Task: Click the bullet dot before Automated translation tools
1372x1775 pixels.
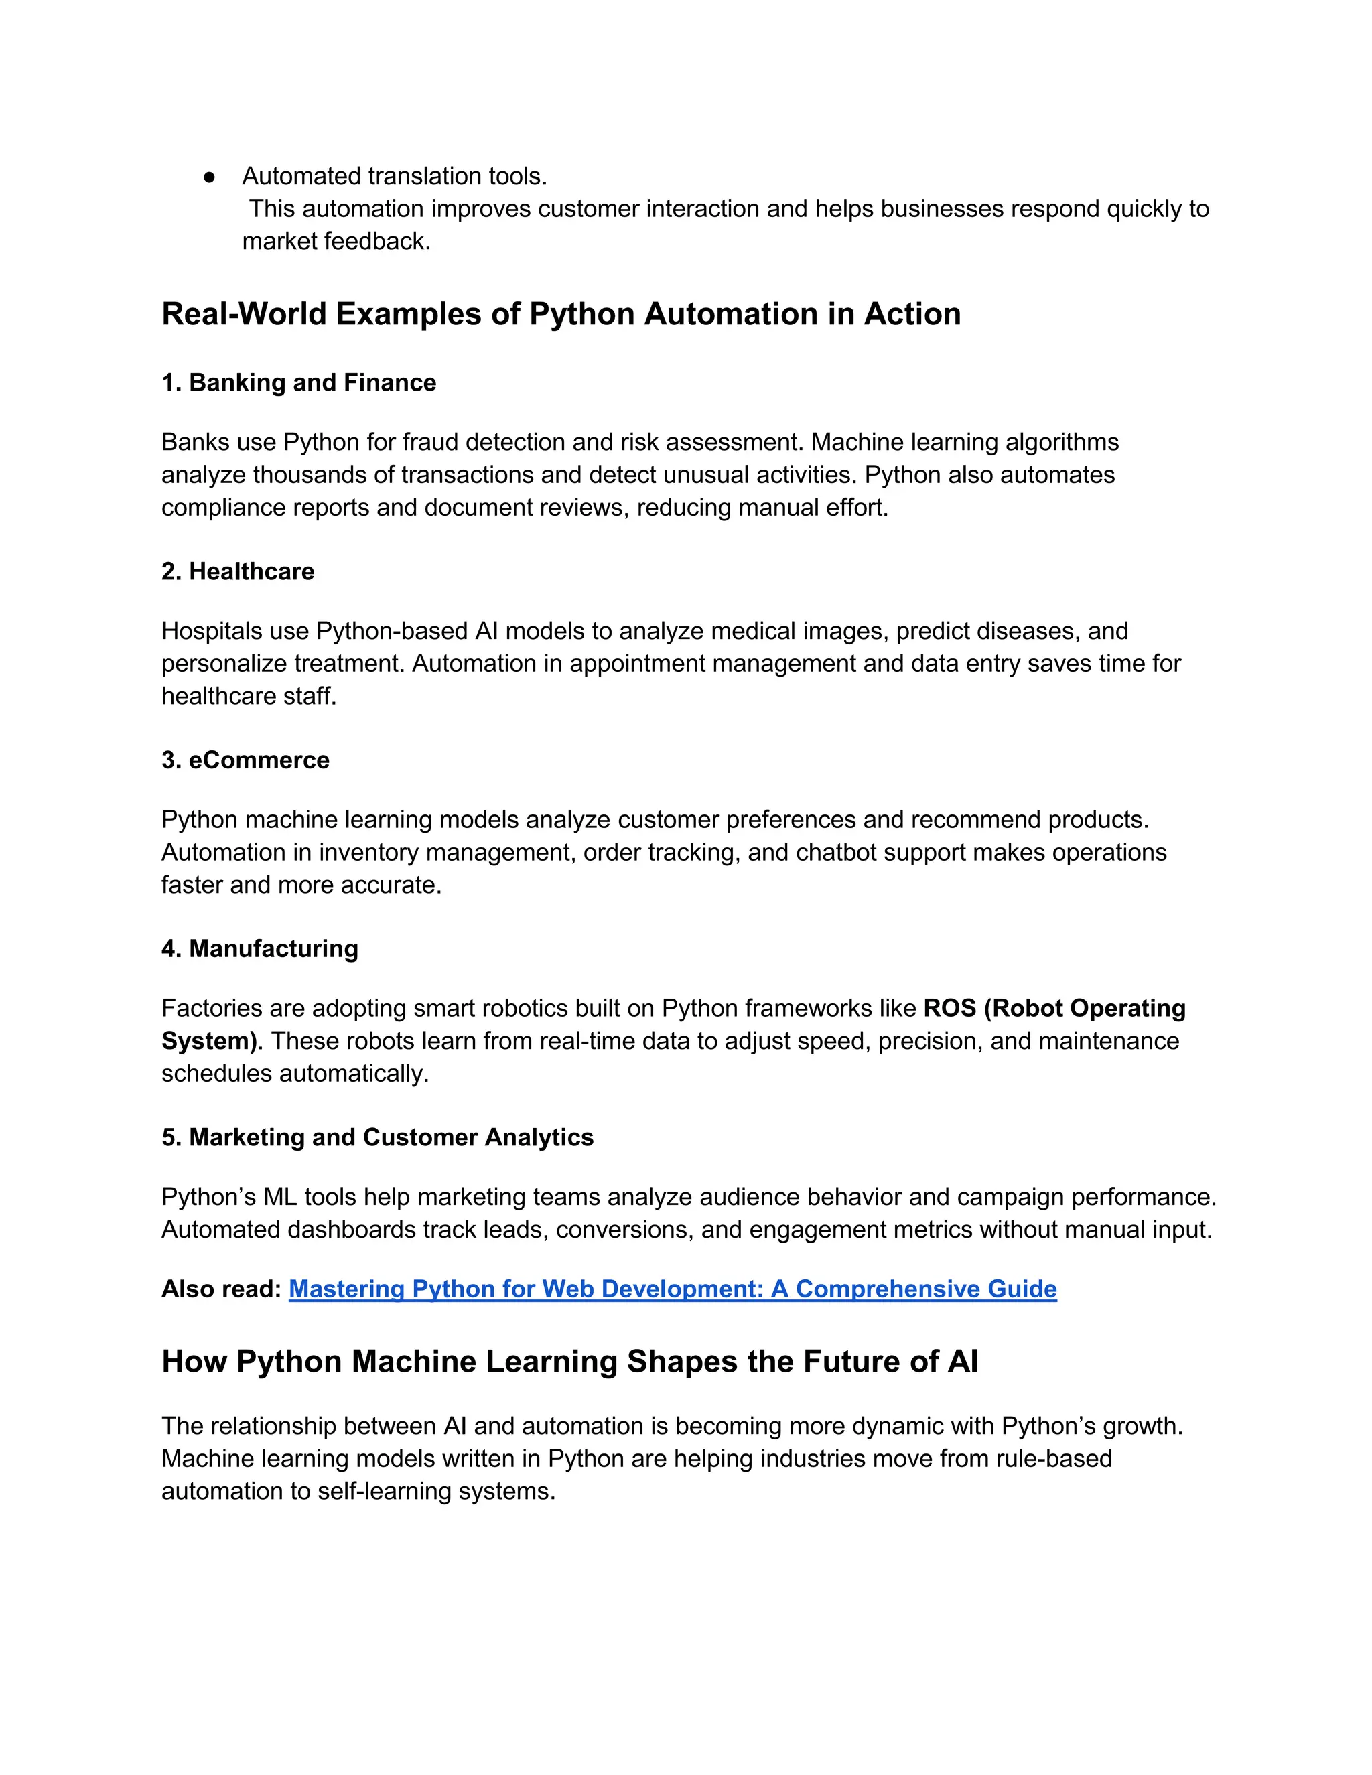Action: [x=210, y=176]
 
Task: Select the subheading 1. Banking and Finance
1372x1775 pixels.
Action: [x=298, y=382]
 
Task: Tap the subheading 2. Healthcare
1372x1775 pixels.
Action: [x=237, y=571]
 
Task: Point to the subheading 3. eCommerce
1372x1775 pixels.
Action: [x=245, y=760]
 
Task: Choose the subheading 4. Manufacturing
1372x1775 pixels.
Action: [x=259, y=948]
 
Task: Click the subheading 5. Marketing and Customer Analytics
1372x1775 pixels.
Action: [x=377, y=1137]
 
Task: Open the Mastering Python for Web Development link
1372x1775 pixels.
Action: [x=672, y=1289]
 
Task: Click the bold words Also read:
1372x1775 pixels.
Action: [x=221, y=1289]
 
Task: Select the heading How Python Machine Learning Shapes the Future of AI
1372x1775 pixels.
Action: [x=569, y=1361]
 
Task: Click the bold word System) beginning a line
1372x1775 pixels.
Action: [x=209, y=1041]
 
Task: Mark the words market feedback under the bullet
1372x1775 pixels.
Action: [x=335, y=241]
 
